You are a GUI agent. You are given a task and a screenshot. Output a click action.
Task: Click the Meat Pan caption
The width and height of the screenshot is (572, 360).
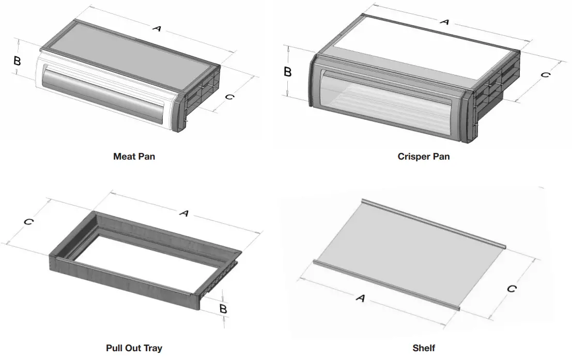[x=134, y=156]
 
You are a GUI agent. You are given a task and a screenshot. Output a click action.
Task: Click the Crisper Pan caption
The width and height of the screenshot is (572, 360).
[x=423, y=156]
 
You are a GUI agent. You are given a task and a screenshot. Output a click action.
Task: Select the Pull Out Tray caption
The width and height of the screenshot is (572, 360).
[x=134, y=348]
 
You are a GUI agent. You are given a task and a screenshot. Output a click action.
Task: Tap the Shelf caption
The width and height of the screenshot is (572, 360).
[x=423, y=348]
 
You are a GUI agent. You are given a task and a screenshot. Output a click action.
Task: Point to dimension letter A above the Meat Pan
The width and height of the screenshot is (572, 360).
[x=157, y=29]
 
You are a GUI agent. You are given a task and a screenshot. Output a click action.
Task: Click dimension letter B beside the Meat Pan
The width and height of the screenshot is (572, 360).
[x=17, y=60]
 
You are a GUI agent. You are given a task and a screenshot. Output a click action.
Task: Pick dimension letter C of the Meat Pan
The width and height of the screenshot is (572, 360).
[x=230, y=97]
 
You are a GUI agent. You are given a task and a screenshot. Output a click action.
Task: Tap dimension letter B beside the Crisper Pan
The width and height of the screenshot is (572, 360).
[x=288, y=72]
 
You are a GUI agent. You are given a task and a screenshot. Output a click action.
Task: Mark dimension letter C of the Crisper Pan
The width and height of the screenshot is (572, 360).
[x=545, y=74]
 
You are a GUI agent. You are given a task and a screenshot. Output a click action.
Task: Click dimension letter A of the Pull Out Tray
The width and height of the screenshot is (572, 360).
[x=183, y=212]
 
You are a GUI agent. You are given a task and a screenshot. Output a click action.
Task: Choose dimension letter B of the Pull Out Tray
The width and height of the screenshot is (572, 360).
[x=223, y=309]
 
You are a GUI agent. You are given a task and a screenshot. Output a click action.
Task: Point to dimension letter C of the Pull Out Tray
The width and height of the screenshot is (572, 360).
[x=29, y=222]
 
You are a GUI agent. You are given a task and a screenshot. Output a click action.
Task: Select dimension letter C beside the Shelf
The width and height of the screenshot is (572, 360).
[x=511, y=289]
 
